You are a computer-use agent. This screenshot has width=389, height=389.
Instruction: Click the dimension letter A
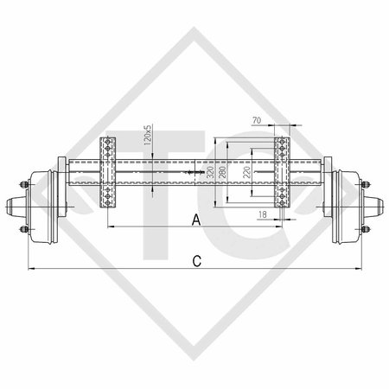[196, 220]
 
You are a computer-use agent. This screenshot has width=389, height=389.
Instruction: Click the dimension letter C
[197, 259]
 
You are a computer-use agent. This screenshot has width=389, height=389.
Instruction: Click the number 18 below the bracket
[262, 212]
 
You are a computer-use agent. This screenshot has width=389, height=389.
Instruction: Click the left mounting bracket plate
[108, 173]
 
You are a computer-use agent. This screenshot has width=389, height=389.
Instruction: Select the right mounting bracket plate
[282, 173]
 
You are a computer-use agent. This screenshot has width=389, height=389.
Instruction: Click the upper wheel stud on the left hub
[19, 184]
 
